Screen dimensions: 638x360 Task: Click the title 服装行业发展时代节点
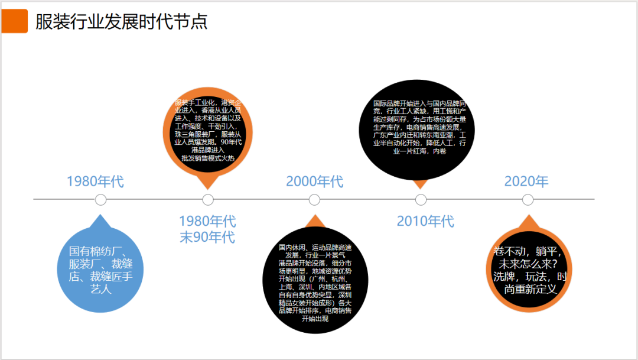pos(122,22)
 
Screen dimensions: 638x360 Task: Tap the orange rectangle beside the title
pos(14,21)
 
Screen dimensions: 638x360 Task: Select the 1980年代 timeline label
pos(96,181)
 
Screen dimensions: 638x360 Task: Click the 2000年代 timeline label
pos(314,181)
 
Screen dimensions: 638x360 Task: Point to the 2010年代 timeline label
pos(425,222)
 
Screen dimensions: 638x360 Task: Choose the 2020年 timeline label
pos(526,181)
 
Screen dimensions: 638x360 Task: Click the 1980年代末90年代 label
pos(207,229)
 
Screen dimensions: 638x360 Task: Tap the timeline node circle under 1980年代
pos(101,200)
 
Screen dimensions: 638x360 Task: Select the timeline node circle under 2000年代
pos(314,200)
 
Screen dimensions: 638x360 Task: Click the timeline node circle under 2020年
pos(528,200)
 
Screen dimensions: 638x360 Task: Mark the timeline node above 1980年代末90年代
pos(208,200)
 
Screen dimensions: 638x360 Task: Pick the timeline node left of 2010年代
pos(421,200)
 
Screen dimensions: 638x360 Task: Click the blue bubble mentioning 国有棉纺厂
pos(101,270)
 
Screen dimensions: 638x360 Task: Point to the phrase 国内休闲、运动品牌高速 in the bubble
pos(315,247)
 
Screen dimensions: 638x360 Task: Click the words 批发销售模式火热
pos(208,158)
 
